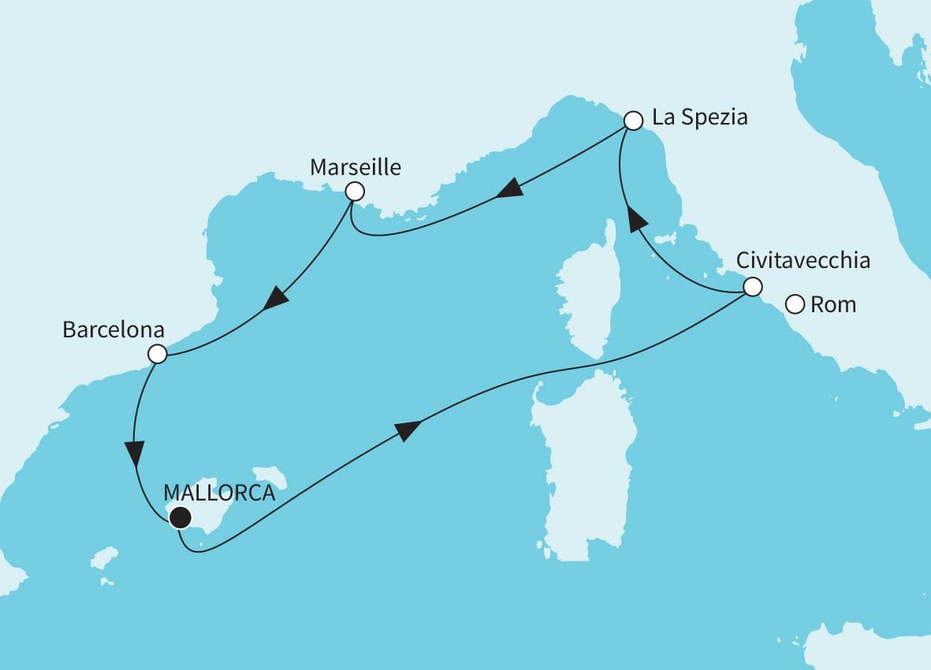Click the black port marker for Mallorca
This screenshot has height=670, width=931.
coord(181,517)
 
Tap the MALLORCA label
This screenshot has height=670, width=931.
coord(218,494)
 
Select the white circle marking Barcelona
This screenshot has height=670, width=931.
coord(158,354)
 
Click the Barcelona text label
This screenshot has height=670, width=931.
coord(114,329)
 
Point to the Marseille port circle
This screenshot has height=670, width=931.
coord(355,191)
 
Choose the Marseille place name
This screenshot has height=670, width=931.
coord(355,167)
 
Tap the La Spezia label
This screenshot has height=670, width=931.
coord(699,118)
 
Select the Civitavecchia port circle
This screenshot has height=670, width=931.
coord(753,287)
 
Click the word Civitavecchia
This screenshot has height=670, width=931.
coord(803,260)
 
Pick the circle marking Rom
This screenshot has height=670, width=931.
coord(795,303)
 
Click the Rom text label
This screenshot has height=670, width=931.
coord(833,304)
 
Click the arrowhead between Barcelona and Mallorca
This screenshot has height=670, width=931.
coord(135,452)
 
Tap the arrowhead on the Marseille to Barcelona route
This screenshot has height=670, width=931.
coord(275,299)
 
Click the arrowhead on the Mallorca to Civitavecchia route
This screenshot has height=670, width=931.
coord(407,430)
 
